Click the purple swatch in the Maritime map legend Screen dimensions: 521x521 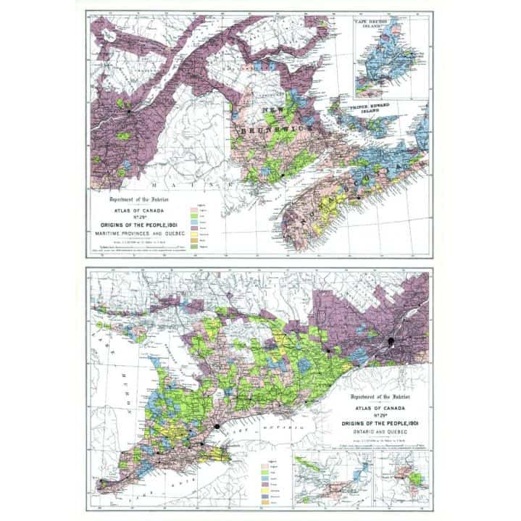click(193, 228)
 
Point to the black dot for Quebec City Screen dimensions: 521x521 click(130, 112)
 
